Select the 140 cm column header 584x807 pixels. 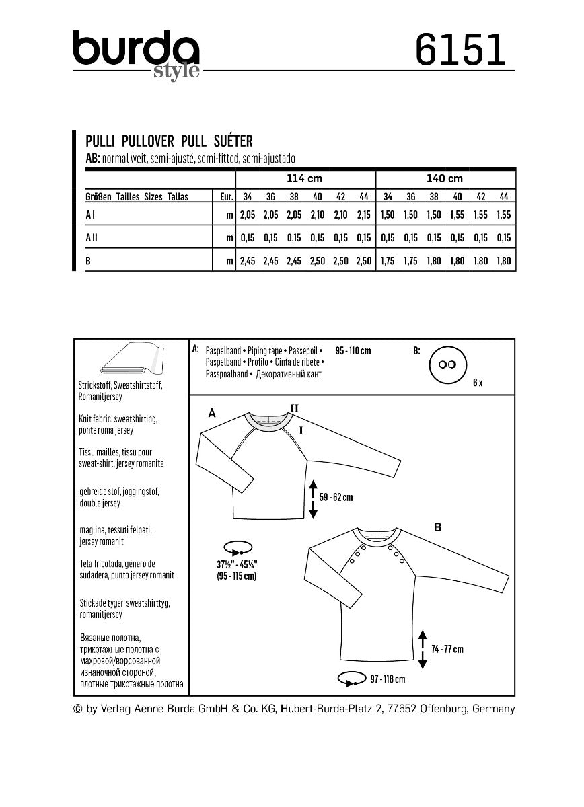[445, 179]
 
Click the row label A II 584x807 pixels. [92, 237]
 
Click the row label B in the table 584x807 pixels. [89, 260]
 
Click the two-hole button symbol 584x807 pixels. [444, 363]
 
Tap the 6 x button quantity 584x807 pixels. [478, 382]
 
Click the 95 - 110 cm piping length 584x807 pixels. [353, 351]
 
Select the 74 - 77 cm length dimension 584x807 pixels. [447, 649]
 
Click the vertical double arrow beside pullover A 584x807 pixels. [312, 498]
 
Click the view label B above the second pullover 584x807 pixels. [437, 528]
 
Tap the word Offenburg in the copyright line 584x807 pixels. [443, 709]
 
